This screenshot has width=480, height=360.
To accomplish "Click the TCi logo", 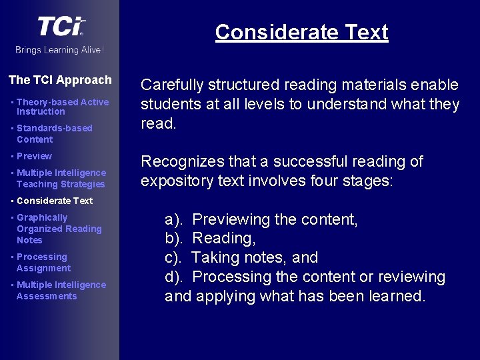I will [61, 27].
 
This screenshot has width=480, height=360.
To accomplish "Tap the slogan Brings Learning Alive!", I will [60, 50].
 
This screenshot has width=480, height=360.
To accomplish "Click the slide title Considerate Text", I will [301, 32].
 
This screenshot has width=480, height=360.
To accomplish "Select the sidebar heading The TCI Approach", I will [60, 80].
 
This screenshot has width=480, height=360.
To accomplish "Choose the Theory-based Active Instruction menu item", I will [62, 107].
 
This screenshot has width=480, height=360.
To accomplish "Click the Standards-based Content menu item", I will [54, 133].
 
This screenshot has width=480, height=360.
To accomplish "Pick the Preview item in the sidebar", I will [34, 156].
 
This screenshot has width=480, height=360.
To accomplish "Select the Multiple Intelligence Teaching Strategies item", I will [61, 178].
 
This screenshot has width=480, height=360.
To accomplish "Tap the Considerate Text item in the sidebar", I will [55, 201].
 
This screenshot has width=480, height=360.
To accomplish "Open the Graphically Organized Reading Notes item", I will [59, 229].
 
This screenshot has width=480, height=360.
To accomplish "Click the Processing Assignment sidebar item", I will [43, 262].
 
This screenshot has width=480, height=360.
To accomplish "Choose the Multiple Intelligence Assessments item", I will [61, 290].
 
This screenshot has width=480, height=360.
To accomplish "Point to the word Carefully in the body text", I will [172, 85].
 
